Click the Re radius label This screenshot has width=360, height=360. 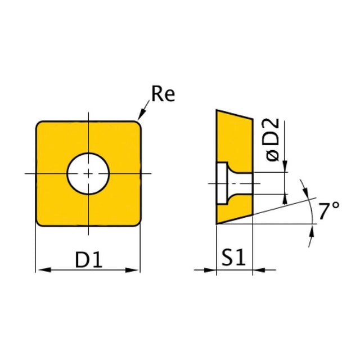[163, 93]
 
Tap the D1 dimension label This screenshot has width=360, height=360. [89, 260]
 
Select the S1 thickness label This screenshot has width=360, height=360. [233, 258]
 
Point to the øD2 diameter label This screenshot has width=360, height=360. [272, 140]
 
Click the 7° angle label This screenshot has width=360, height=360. [328, 211]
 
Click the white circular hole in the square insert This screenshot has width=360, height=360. [88, 174]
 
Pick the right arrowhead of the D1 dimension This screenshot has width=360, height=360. [132, 270]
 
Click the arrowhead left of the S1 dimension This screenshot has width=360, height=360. [210, 270]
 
